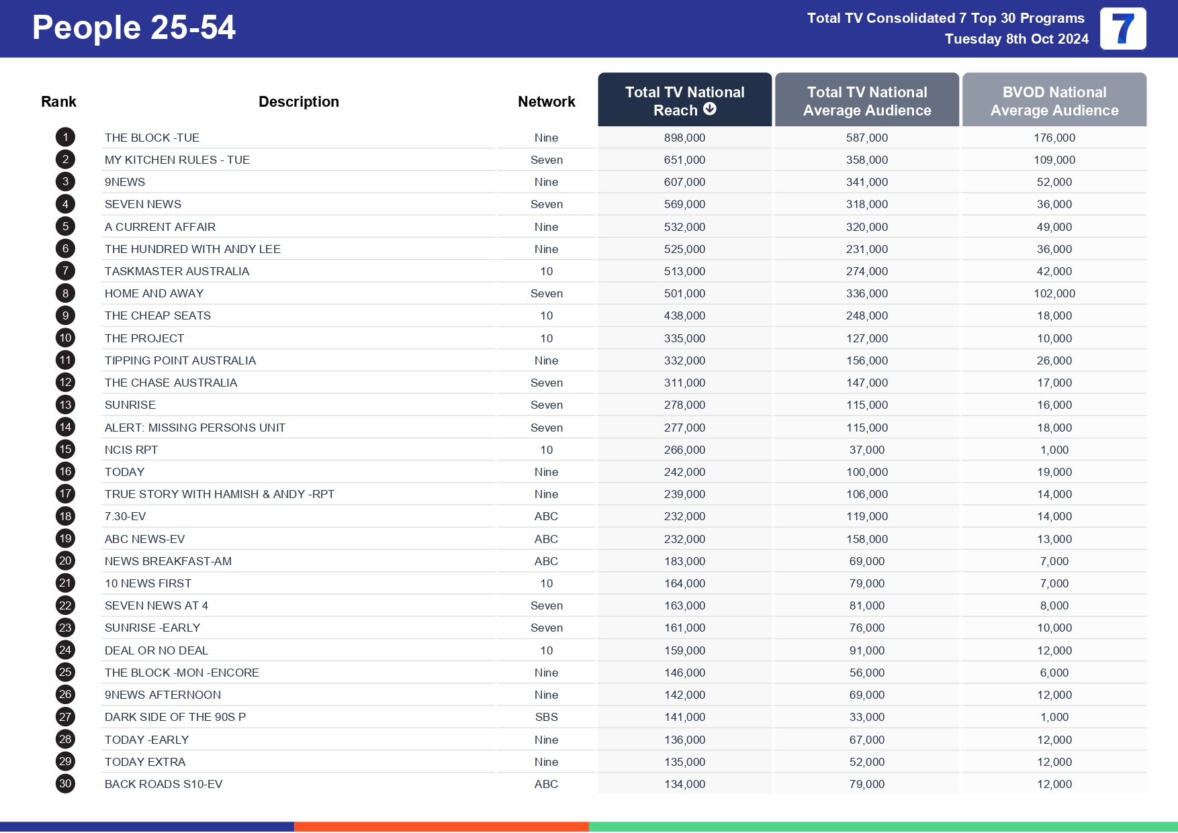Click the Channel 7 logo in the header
pyautogui.click(x=1122, y=29)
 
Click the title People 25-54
pyautogui.click(x=134, y=28)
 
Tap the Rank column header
pyautogui.click(x=58, y=101)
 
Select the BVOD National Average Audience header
pyautogui.click(x=1054, y=101)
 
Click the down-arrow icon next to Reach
pyautogui.click(x=710, y=109)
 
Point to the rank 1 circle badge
pyautogui.click(x=65, y=138)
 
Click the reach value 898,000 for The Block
pyautogui.click(x=684, y=138)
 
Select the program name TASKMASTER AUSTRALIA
pyautogui.click(x=177, y=271)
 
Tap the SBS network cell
pyautogui.click(x=546, y=717)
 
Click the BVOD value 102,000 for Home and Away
pyautogui.click(x=1054, y=293)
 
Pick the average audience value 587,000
pyautogui.click(x=866, y=138)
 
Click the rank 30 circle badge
pyautogui.click(x=65, y=783)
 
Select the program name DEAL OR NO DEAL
pyautogui.click(x=156, y=650)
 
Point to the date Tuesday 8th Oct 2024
pyautogui.click(x=1016, y=39)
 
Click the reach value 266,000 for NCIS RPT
pyautogui.click(x=684, y=450)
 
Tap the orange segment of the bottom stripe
pyautogui.click(x=441, y=826)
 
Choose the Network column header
pyautogui.click(x=546, y=101)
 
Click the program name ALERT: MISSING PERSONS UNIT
pyautogui.click(x=195, y=428)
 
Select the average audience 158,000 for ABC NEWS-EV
pyautogui.click(x=866, y=539)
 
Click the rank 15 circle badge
pyautogui.click(x=65, y=449)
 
